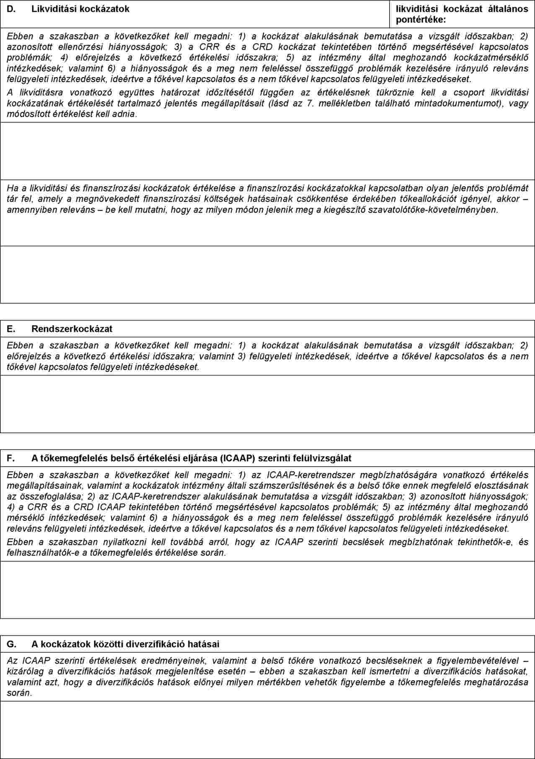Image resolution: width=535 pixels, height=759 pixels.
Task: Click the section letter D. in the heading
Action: coord(11,9)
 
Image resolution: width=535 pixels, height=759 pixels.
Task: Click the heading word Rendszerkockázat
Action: coord(72,329)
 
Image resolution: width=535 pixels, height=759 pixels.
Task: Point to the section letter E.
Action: coord(11,329)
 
